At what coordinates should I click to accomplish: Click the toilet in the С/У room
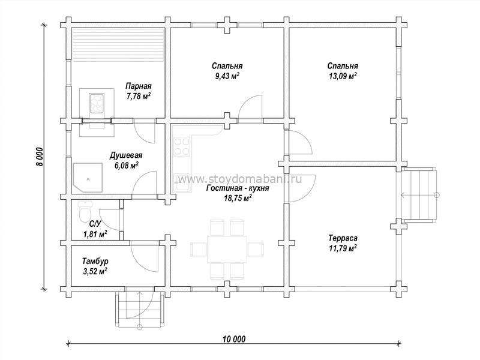coord(85,211)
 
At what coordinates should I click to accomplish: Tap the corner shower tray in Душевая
coord(88,178)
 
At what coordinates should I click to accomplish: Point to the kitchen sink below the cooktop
coord(182,183)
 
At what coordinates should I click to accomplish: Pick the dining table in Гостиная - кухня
coord(227,249)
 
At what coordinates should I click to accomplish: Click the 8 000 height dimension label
coord(40,157)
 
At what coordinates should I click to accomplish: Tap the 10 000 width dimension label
coord(234,339)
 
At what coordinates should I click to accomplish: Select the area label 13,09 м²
coord(343,76)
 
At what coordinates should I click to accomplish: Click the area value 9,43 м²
coord(227,76)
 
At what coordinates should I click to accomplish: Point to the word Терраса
coord(343,238)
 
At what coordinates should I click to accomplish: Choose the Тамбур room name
coord(95,261)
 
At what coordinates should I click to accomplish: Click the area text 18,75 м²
coord(238,199)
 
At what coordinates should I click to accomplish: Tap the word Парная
coord(139,86)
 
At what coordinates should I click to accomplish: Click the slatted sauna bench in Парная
coord(118,46)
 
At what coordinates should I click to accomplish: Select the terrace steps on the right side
coord(419,195)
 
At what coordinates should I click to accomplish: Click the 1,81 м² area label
coord(95,235)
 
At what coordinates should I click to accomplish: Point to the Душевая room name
coord(126,155)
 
